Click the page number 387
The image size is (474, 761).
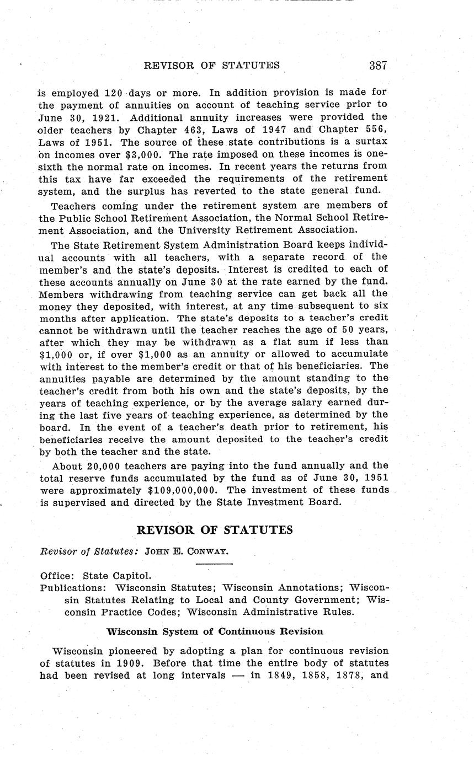click(378, 66)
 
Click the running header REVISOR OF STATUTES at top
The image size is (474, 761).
click(211, 66)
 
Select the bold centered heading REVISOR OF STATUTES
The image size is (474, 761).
click(214, 530)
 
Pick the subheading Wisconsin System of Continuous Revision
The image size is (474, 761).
click(215, 631)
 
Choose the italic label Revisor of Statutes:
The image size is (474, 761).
click(90, 551)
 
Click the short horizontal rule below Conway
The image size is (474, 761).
click(214, 564)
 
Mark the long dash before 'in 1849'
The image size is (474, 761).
click(238, 676)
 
